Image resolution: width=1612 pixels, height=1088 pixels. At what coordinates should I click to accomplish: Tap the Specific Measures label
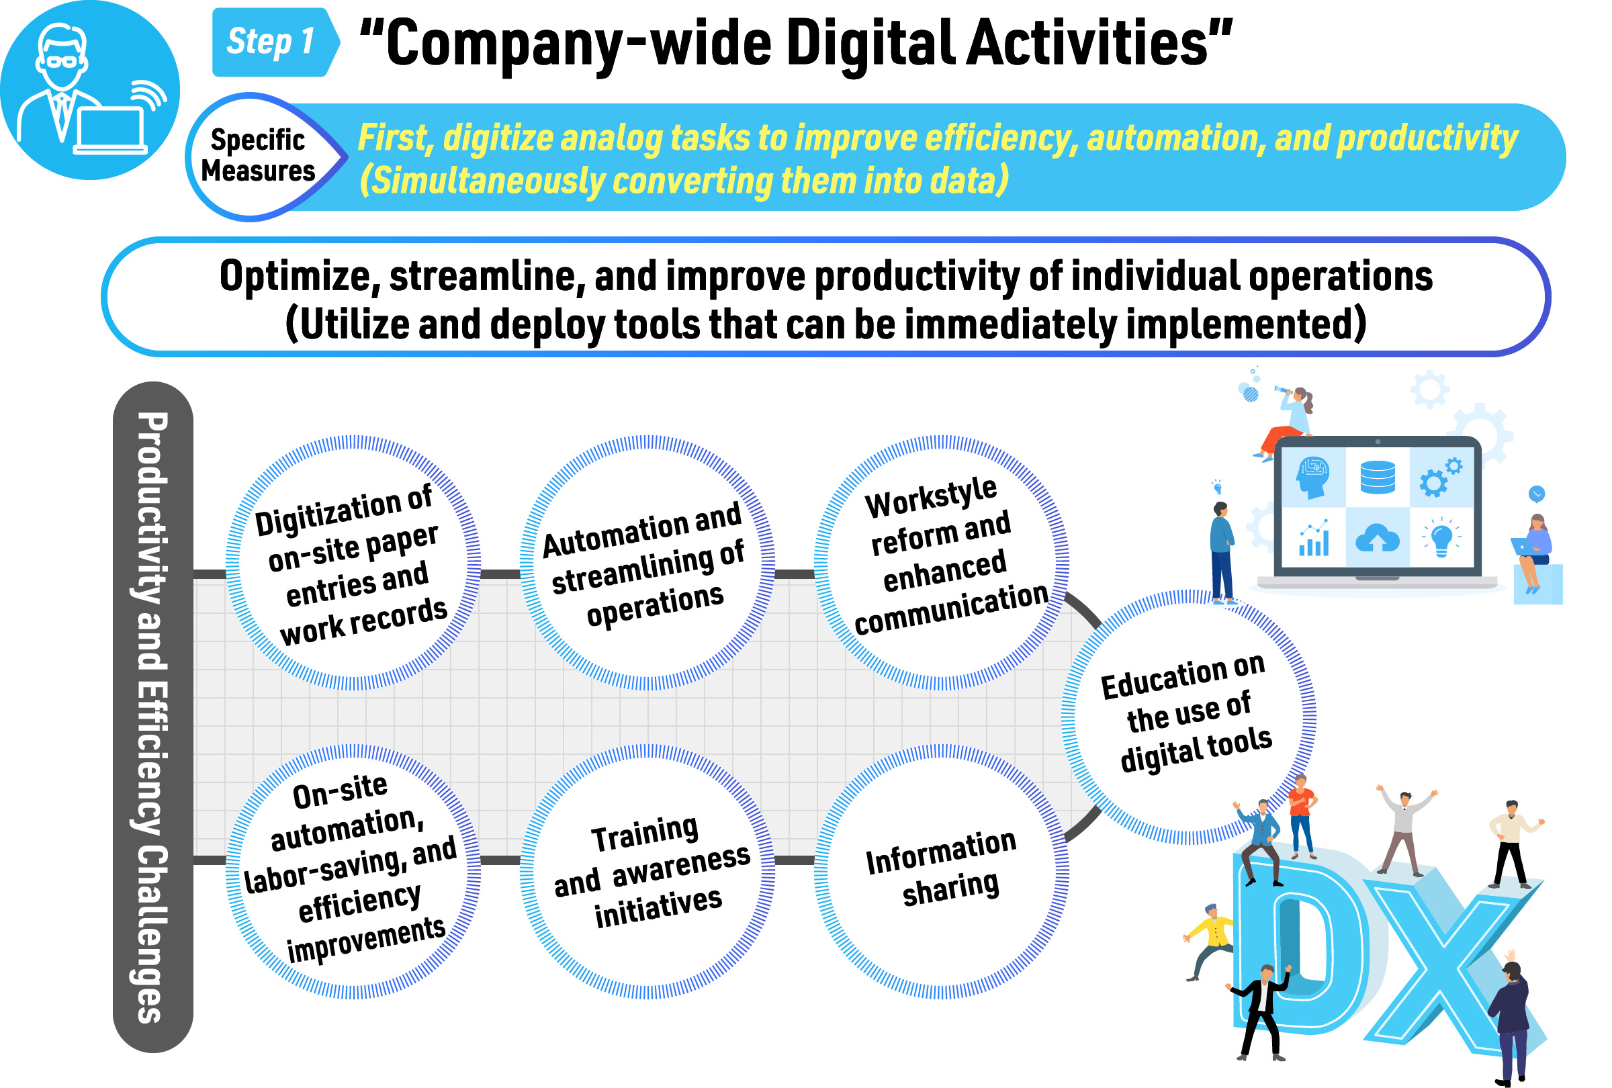[258, 155]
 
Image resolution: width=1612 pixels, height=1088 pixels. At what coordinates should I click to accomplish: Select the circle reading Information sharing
[941, 871]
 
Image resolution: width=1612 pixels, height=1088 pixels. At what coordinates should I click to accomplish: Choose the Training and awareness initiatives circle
[647, 871]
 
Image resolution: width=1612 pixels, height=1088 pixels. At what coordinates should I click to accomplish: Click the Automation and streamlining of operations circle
[647, 562]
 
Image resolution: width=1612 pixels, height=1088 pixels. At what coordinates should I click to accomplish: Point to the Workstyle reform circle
[941, 562]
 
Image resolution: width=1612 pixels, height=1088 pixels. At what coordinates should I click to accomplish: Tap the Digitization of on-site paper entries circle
[353, 562]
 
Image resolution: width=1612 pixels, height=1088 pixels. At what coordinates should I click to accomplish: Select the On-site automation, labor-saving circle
[353, 871]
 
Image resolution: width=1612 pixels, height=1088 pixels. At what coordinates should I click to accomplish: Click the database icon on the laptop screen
[1377, 477]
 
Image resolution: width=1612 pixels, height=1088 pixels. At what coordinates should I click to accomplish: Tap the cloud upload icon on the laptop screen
[1377, 538]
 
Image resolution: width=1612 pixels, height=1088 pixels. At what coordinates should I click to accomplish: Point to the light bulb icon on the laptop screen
[1441, 537]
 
